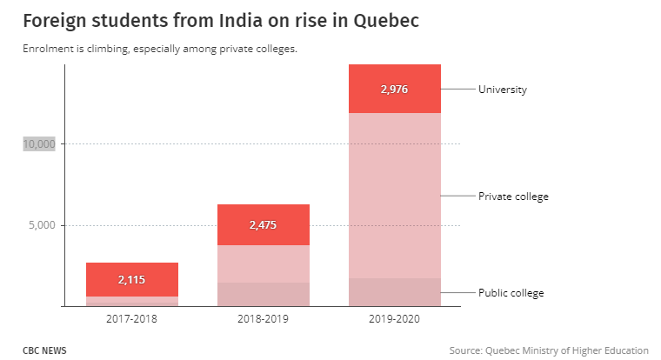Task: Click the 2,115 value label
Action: coord(132,279)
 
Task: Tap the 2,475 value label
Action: coord(264,224)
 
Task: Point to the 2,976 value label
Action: coord(394,89)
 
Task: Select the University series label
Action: coord(503,89)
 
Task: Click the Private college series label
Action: coord(513,197)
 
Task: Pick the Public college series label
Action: coord(511,293)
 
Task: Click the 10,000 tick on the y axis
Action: coord(39,143)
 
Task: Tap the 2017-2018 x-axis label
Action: coord(131,319)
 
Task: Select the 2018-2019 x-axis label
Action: coord(263,319)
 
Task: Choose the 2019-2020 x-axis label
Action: coord(394,319)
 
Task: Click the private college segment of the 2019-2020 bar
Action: coord(394,196)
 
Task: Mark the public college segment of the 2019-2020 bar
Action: coord(394,292)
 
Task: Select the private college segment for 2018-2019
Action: coord(264,263)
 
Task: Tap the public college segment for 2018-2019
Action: coord(264,294)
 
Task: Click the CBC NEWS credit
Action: coord(44,350)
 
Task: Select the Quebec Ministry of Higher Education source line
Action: coord(549,350)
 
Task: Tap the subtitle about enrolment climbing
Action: coord(160,49)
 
